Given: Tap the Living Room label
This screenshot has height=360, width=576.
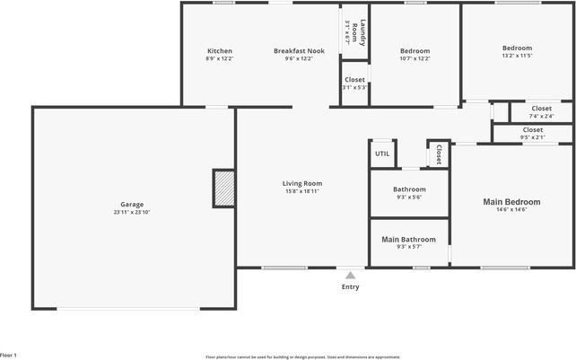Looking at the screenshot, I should (301, 183).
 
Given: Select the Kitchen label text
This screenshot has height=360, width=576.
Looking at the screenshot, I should (220, 51).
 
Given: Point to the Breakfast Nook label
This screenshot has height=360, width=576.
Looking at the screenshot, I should (299, 51).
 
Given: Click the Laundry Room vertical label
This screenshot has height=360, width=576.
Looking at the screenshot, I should (354, 34).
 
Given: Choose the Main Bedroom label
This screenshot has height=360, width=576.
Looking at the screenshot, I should (511, 202).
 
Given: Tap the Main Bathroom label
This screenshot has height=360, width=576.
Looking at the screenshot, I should (408, 240).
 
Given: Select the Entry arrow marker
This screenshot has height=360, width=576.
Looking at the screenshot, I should (350, 274).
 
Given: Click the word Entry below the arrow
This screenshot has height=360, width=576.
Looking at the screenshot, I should (350, 287).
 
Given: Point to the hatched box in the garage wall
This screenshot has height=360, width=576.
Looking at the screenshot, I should (223, 188).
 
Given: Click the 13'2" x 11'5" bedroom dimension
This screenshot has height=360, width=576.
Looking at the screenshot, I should (517, 56).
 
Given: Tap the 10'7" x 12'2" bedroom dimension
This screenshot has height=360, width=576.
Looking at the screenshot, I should (415, 59).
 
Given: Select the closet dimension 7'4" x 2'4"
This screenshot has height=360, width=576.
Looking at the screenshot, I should (541, 116).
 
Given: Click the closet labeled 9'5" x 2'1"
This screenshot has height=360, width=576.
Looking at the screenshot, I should (532, 137).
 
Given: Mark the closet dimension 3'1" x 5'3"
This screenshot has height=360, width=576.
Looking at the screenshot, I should (354, 87).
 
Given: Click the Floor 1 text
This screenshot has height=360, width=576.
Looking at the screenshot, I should (9, 356).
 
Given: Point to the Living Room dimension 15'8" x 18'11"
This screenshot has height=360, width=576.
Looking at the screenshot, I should (301, 191).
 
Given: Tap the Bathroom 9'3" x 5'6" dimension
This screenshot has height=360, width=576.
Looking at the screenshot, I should (408, 198).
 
